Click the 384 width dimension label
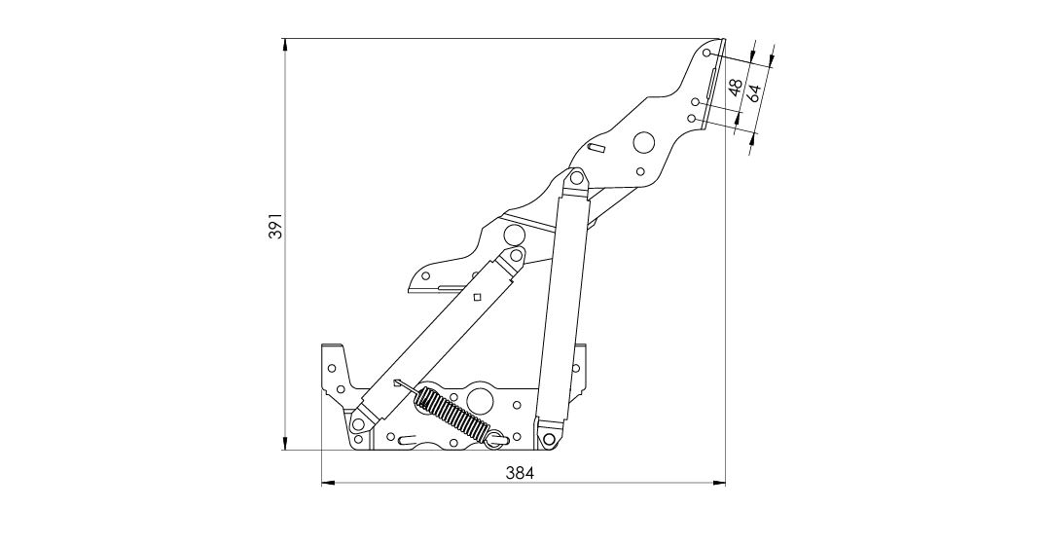[x=520, y=473]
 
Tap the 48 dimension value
[x=736, y=87]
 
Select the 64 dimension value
[x=754, y=92]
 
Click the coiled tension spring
[x=453, y=414]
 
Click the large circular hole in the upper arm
[x=644, y=142]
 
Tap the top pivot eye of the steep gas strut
[x=575, y=178]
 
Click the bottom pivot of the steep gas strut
[x=550, y=439]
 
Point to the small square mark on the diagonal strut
[x=477, y=297]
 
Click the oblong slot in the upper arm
[x=596, y=147]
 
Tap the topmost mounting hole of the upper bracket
[x=707, y=53]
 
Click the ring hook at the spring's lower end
[x=496, y=438]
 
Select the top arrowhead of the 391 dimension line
[x=285, y=45]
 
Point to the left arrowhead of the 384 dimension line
[x=328, y=482]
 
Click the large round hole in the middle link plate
[x=514, y=235]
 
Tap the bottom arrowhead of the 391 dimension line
[x=285, y=444]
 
